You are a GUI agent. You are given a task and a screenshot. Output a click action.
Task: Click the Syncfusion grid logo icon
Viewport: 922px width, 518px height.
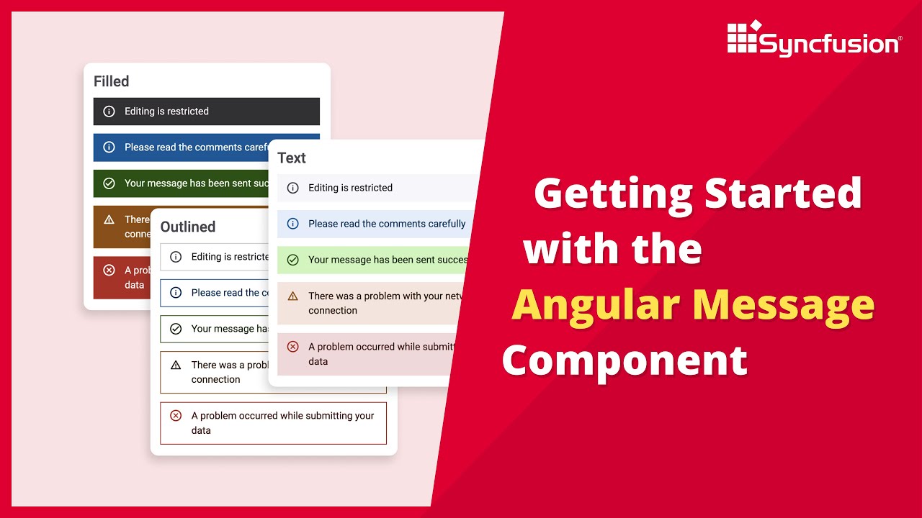point(743,37)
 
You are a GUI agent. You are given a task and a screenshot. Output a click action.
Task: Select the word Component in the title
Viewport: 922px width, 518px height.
point(625,360)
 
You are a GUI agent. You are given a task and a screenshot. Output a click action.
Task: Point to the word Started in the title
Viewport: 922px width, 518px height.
point(783,193)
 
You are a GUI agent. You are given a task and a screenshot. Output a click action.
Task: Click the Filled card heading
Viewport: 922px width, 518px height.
point(112,81)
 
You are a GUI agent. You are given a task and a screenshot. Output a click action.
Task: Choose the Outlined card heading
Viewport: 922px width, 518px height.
point(188,227)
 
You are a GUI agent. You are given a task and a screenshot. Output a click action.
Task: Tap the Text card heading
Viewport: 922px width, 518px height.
point(292,158)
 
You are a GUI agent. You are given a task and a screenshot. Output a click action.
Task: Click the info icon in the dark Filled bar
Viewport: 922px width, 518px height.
point(109,112)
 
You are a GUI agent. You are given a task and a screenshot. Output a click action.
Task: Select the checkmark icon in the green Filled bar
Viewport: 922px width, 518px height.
point(109,183)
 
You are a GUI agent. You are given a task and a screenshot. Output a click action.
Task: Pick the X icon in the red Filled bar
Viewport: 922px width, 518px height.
point(109,271)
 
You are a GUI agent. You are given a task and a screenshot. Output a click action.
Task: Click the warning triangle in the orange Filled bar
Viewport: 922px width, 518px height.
point(109,219)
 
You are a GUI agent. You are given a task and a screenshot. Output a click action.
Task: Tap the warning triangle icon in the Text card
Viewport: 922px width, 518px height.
point(293,296)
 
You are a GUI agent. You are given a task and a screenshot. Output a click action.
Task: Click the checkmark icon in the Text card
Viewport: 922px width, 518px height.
point(293,260)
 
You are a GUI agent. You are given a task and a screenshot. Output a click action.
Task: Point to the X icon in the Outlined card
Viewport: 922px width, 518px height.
point(176,416)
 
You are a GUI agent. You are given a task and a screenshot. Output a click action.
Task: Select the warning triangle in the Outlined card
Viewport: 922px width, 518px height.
point(176,365)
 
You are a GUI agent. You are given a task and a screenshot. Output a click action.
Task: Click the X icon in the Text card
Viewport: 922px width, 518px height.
point(293,347)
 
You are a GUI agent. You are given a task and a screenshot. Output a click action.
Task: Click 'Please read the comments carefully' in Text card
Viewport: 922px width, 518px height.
point(387,224)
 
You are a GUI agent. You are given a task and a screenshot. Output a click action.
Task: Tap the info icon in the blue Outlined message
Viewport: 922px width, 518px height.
point(176,293)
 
